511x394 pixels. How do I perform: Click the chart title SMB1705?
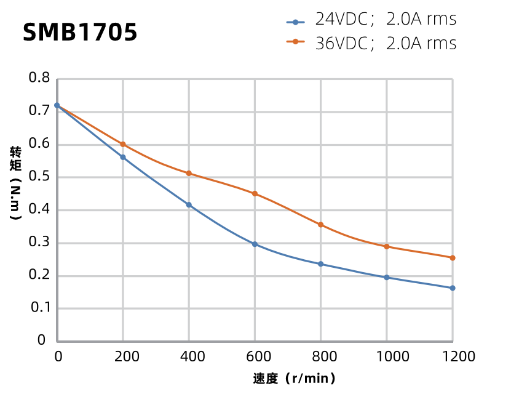80,33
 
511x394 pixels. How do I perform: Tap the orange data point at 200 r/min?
123,144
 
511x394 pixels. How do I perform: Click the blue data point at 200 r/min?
123,158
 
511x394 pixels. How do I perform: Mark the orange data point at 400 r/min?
189,174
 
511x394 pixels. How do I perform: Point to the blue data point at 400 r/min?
189,205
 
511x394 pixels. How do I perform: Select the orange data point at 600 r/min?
255,193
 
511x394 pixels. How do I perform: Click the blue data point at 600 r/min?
255,244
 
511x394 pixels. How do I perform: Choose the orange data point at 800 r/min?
320,225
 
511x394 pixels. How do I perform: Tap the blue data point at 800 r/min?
320,264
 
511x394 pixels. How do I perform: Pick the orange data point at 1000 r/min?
387,247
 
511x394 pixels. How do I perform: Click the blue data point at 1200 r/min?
453,288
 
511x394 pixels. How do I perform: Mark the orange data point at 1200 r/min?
453,258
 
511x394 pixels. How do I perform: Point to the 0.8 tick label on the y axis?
39,78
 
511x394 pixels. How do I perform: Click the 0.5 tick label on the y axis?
39,177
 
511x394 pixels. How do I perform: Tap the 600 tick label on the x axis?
255,356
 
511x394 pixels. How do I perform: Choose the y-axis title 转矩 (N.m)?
16,183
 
